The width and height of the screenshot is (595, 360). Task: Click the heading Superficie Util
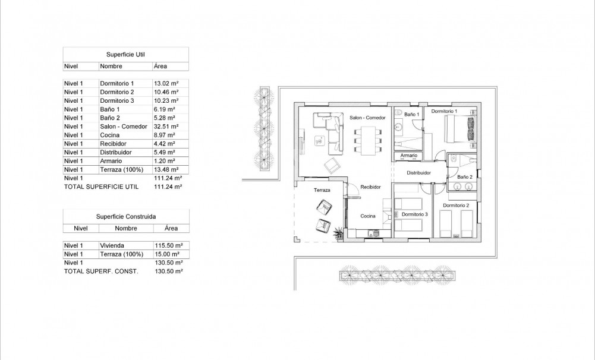pyautogui.click(x=125, y=54)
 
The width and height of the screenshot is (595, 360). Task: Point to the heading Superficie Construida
pyautogui.click(x=125, y=217)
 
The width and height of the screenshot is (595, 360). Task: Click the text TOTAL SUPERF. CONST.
pyautogui.click(x=100, y=271)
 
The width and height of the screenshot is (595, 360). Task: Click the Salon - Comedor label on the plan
pyautogui.click(x=367, y=118)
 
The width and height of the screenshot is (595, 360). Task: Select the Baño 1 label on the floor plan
pyautogui.click(x=412, y=113)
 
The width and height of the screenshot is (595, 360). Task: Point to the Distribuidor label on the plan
pyautogui.click(x=418, y=173)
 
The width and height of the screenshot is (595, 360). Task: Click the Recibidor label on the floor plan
pyautogui.click(x=371, y=187)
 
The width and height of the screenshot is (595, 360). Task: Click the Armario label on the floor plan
pyautogui.click(x=408, y=156)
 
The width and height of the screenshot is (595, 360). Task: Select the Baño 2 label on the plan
pyautogui.click(x=465, y=177)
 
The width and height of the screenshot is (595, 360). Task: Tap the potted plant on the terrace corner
pyautogui.click(x=338, y=232)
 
